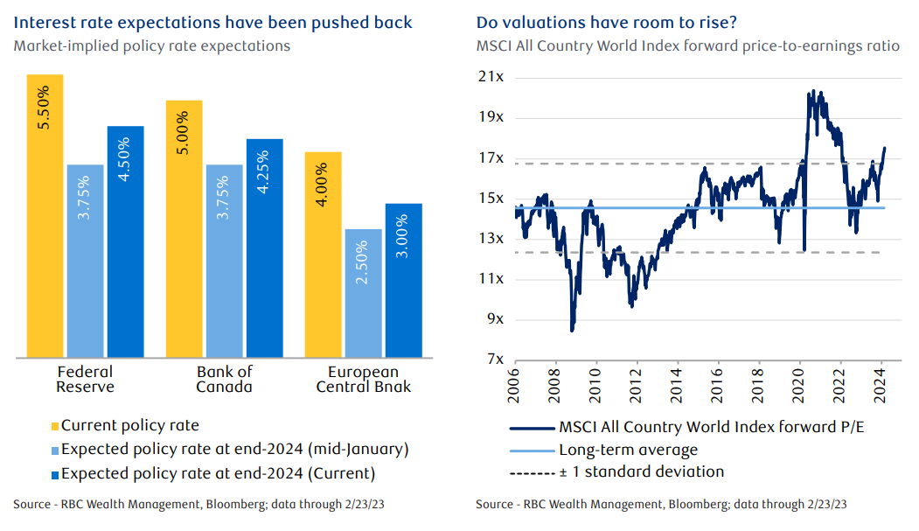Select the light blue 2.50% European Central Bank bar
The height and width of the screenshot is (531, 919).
363,293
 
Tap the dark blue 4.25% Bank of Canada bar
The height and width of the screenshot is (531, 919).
264,248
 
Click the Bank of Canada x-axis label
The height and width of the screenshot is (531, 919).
224,380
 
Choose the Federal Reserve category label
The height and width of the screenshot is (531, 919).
85,380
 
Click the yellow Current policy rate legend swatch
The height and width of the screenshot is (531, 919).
55,426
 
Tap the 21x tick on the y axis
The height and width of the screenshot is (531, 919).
494,78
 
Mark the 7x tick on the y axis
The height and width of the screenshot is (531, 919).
497,360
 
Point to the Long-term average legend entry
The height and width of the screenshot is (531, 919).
628,451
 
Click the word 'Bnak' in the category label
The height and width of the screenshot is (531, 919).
393,388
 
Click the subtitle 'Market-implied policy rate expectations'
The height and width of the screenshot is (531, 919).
152,45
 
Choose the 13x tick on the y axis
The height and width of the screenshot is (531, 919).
494,239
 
